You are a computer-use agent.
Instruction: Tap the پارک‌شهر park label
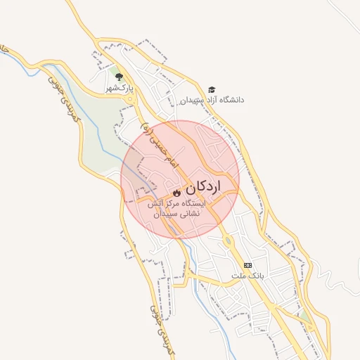click(119, 89)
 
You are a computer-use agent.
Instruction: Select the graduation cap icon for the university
click(212, 89)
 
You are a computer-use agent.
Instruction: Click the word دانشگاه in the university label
click(231, 100)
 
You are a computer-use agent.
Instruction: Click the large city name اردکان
click(203, 187)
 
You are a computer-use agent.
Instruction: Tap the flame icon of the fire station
click(176, 191)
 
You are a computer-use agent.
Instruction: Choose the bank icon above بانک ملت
click(247, 264)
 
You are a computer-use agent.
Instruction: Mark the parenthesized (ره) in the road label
click(146, 129)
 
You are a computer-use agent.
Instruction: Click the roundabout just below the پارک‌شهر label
click(129, 99)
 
